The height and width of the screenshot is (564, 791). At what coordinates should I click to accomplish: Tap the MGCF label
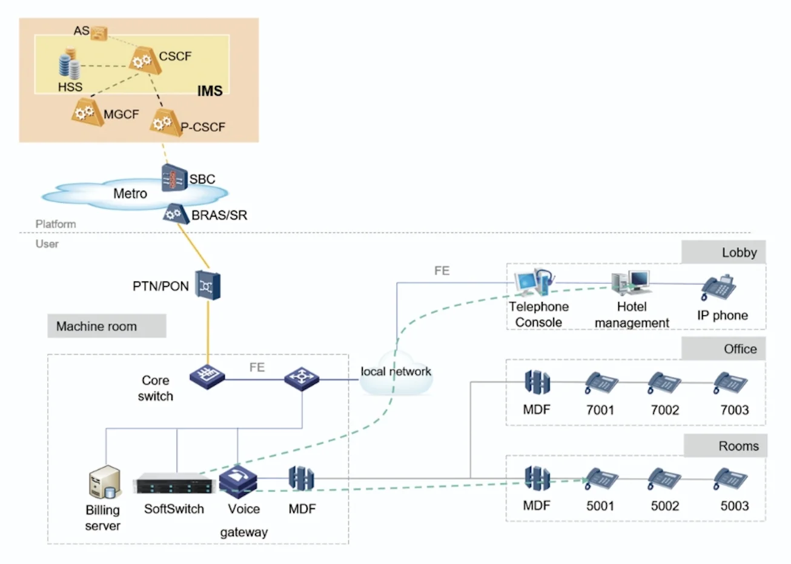coord(121,114)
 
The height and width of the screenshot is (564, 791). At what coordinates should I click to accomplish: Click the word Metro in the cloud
coord(130,194)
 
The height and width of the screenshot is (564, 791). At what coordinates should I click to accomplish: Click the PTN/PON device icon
coord(209,284)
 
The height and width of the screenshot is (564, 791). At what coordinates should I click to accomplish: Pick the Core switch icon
coord(207,376)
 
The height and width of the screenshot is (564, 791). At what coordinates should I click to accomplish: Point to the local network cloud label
coord(396,372)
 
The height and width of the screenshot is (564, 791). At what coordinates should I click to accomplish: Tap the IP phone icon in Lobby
coord(719,288)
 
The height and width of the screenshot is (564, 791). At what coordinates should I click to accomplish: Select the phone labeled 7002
coord(664,384)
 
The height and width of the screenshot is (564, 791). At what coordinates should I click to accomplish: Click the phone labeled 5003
coord(730,480)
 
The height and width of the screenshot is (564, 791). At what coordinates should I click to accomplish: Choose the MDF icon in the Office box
coord(537,382)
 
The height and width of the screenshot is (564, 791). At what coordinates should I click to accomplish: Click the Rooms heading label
coord(738,446)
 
